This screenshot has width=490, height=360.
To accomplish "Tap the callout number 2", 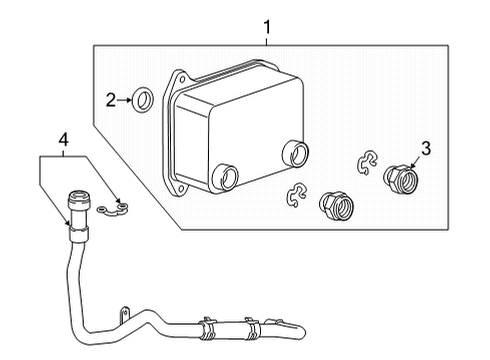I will pos(112,99).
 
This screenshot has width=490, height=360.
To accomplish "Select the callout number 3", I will pos(426,150).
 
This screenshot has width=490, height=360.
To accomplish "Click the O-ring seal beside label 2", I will pos(144,99).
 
